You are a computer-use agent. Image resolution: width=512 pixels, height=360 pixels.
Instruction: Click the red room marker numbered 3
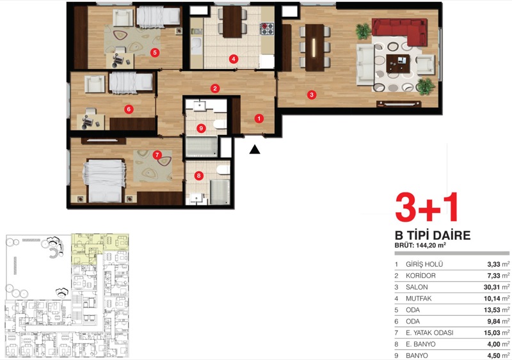coord(312,95)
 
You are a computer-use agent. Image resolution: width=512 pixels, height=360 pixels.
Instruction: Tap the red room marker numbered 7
coord(157,155)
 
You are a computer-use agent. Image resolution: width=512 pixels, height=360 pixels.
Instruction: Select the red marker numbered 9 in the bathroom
coord(201,129)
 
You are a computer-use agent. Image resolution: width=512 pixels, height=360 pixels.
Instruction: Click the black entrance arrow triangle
coord(255,150)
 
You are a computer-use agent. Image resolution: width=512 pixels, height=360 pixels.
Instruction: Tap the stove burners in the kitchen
coord(267,28)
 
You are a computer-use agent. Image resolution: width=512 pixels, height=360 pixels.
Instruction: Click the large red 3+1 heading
coord(426,208)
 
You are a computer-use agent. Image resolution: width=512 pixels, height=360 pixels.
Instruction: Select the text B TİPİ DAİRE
coord(433,235)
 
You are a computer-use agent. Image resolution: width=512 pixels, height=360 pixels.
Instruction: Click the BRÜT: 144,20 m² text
coord(420,246)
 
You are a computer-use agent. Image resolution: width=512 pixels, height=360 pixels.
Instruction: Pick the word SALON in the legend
coord(417,287)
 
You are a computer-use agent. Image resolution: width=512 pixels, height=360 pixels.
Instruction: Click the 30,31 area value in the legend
coord(492,287)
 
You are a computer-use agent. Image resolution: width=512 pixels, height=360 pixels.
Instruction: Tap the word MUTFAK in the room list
coord(419,299)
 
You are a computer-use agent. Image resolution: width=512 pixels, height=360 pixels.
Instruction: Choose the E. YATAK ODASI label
coord(429,333)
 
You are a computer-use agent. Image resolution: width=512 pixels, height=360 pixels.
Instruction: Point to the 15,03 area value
coord(492,333)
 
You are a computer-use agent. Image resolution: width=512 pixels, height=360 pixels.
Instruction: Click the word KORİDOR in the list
coord(420,276)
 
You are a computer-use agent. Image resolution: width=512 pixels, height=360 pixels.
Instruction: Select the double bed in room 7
coord(104,180)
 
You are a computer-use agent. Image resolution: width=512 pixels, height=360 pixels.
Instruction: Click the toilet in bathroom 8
coord(223,169)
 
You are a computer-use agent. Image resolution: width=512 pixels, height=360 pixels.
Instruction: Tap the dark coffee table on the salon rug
coord(398,64)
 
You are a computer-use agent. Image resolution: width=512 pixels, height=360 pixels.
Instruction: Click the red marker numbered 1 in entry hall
coord(259,118)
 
